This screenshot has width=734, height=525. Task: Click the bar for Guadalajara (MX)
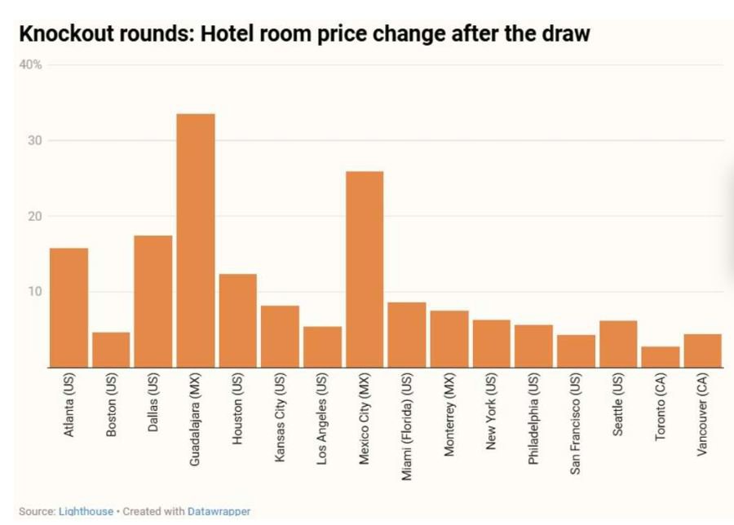pos(196,240)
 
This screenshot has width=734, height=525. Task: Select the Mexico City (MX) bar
pos(364,269)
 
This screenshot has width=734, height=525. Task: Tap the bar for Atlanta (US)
pos(69,307)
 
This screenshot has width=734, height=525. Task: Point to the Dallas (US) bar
pos(153,301)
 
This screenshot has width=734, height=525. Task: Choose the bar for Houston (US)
pos(237,320)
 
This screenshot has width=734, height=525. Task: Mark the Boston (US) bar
pos(111,350)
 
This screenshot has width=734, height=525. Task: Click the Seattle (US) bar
pos(617,344)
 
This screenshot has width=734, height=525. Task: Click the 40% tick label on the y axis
pos(31,64)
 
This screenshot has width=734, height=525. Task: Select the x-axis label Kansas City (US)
pos(280,418)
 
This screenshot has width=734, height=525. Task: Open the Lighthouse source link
pos(86,511)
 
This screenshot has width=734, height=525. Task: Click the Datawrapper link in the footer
pos(219,511)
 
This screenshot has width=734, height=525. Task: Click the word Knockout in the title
pos(68,35)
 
